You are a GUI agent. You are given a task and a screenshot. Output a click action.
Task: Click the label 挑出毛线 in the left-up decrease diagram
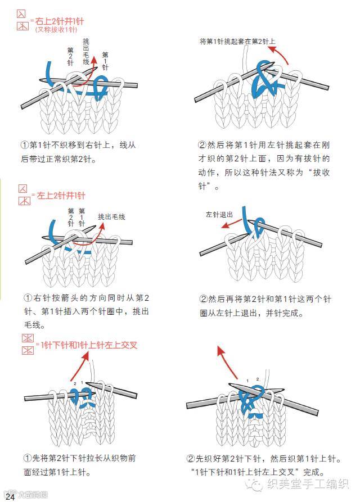coord(111,216)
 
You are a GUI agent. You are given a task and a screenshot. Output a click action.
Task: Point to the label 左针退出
coord(219,215)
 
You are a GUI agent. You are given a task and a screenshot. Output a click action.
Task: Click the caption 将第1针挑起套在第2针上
coord(237,41)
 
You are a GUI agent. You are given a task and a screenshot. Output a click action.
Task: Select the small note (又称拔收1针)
coord(56,29)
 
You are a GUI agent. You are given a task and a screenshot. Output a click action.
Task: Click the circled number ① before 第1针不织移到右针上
coord(25,145)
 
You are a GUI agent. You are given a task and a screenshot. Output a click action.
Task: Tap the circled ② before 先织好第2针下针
coord(193,458)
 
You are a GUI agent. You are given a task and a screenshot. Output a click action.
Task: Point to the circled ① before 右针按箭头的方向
coord(27,297)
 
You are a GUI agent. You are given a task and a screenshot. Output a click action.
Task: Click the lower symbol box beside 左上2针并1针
coord(24,201)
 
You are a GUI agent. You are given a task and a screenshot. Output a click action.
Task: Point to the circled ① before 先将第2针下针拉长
coord(27,458)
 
